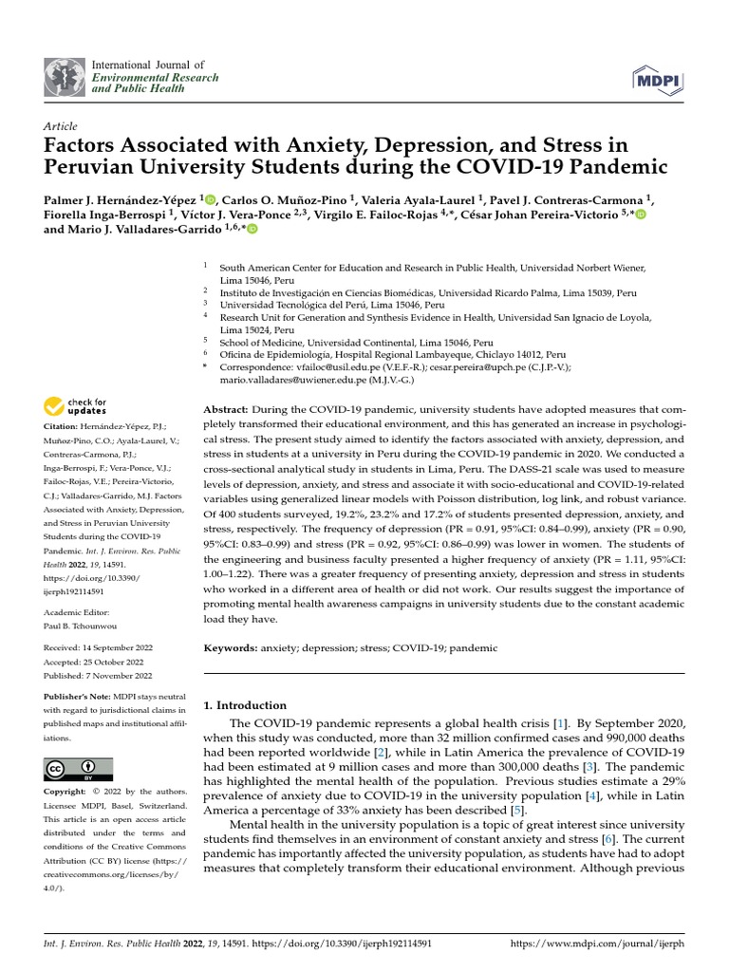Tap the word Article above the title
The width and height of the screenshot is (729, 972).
(x=61, y=126)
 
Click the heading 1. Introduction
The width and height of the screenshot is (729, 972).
(x=246, y=705)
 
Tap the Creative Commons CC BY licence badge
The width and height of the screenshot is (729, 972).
(x=78, y=769)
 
